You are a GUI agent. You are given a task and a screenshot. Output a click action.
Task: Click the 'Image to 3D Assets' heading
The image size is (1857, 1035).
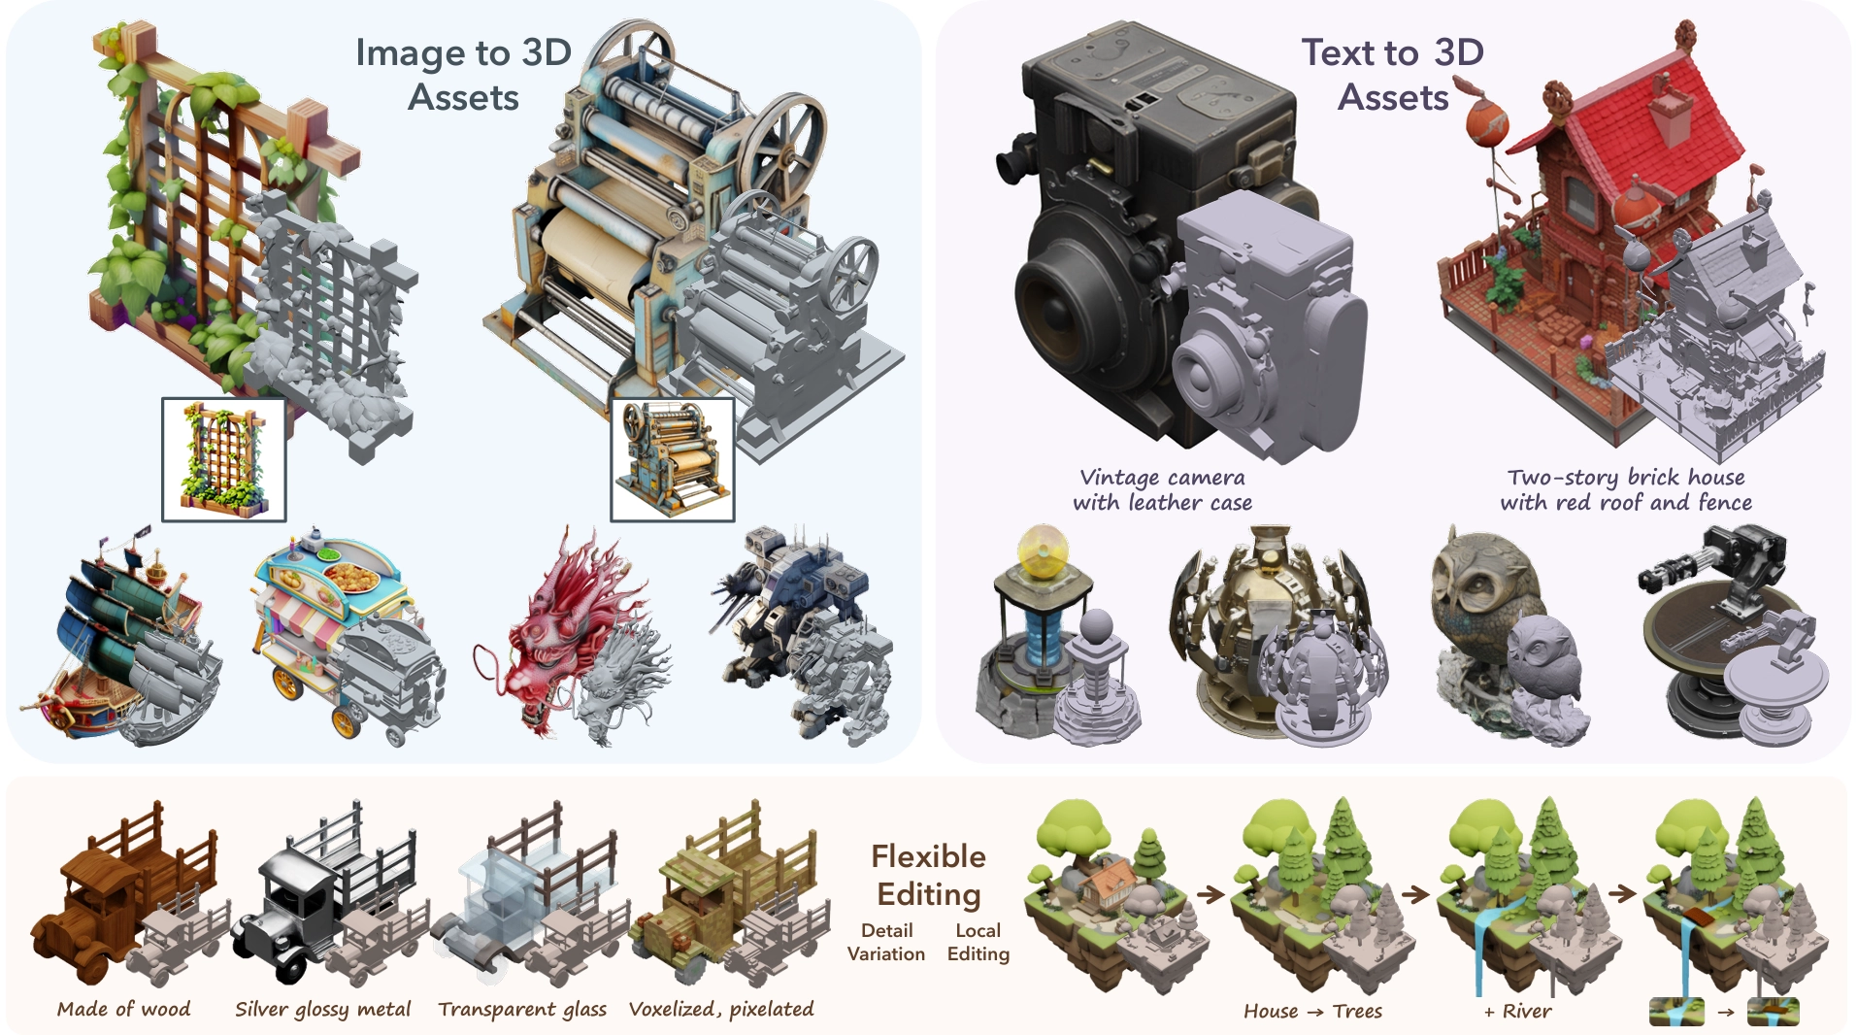point(463,75)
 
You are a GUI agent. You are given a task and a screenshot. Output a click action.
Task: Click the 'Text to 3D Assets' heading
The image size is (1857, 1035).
point(1392,75)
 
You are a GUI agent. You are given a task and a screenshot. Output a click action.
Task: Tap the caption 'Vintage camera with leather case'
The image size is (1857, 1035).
point(1162,490)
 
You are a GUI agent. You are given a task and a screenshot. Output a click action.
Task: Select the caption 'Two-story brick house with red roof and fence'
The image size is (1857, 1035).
point(1626,490)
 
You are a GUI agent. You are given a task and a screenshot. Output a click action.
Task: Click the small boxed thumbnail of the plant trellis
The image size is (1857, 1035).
point(224,459)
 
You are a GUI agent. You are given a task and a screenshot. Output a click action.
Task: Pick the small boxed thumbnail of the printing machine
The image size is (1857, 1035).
point(672,459)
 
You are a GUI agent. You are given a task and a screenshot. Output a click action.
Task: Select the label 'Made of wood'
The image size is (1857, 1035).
point(124,1009)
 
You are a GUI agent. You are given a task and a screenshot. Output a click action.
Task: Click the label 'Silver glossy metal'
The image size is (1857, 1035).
point(323,1009)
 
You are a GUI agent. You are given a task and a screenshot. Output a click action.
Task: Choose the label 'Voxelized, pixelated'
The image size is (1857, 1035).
point(721,1009)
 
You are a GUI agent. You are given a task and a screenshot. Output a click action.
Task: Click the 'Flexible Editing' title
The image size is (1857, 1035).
point(928,875)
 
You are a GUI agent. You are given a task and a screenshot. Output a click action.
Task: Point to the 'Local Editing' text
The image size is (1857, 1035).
point(978,942)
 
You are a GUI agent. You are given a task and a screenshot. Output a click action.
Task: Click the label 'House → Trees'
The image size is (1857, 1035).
point(1312,1011)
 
